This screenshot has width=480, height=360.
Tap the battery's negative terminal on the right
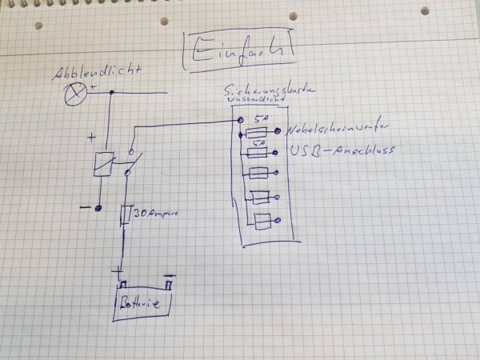(x=169, y=282)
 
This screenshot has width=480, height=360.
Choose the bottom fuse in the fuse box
(x=262, y=222)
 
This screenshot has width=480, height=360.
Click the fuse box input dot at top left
(x=241, y=120)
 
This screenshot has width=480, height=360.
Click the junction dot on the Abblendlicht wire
(x=111, y=94)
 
